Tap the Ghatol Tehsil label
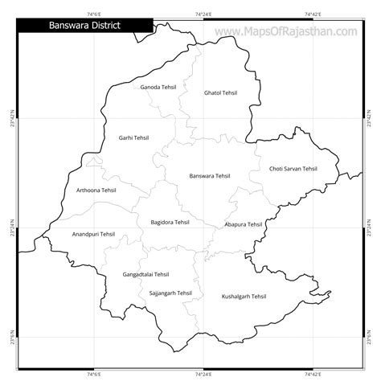click(221, 93)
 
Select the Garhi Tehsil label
click(133, 137)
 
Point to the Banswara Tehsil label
click(209, 176)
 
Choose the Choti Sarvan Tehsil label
click(293, 169)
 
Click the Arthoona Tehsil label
click(96, 190)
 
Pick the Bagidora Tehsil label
click(170, 222)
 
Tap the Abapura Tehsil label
click(244, 224)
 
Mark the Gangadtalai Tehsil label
click(146, 274)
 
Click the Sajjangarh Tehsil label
click(171, 293)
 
